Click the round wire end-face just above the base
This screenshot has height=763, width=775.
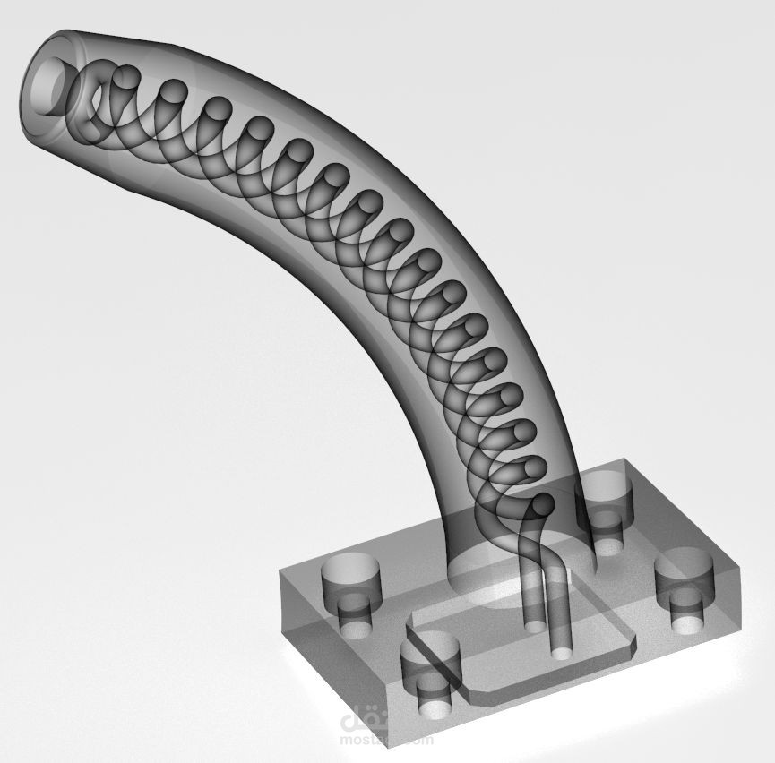(542, 509)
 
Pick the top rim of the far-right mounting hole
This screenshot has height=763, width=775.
(686, 565)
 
